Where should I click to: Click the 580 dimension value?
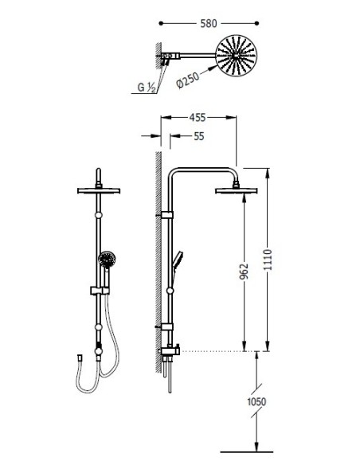pyautogui.click(x=209, y=23)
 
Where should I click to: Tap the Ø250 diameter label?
pyautogui.click(x=187, y=80)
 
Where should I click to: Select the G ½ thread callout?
pyautogui.click(x=147, y=88)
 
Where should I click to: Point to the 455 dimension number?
pyautogui.click(x=198, y=118)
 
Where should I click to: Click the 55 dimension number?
pyautogui.click(x=199, y=136)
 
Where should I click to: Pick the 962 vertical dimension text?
pyautogui.click(x=244, y=272)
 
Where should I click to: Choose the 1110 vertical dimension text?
pyautogui.click(x=268, y=260)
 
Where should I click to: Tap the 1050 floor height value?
pyautogui.click(x=256, y=402)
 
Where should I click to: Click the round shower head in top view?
pyautogui.click(x=236, y=56)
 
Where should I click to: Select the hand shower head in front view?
pyautogui.click(x=107, y=260)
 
